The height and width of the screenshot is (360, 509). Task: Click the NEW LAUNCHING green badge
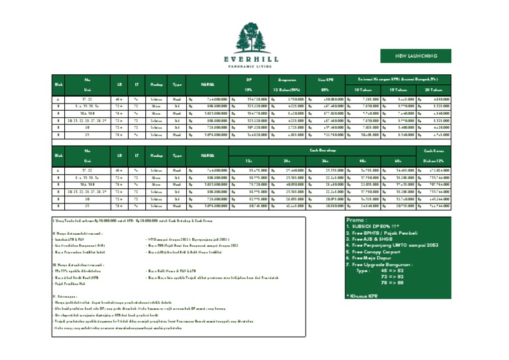(x=415, y=56)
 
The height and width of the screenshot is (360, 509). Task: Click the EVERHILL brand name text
(x=254, y=58)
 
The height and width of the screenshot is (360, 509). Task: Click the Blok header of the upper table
(x=58, y=84)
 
